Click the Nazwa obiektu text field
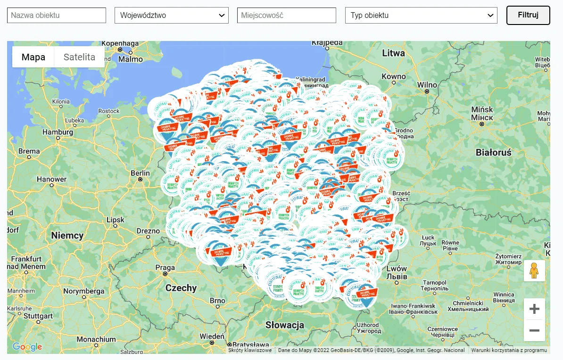(57, 15)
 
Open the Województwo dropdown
(172, 15)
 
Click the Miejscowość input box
(286, 15)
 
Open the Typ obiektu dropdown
(421, 15)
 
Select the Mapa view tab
(33, 57)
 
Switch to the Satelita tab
(79, 57)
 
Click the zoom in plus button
(534, 309)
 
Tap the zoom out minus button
(534, 330)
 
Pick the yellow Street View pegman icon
(534, 271)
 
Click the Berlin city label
(140, 173)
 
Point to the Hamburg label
(58, 132)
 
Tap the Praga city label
(165, 268)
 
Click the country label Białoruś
(493, 152)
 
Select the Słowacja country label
(284, 325)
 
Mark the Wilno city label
(427, 85)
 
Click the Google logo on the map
(27, 347)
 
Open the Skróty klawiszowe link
(250, 350)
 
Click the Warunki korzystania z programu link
(509, 350)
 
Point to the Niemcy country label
(67, 235)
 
